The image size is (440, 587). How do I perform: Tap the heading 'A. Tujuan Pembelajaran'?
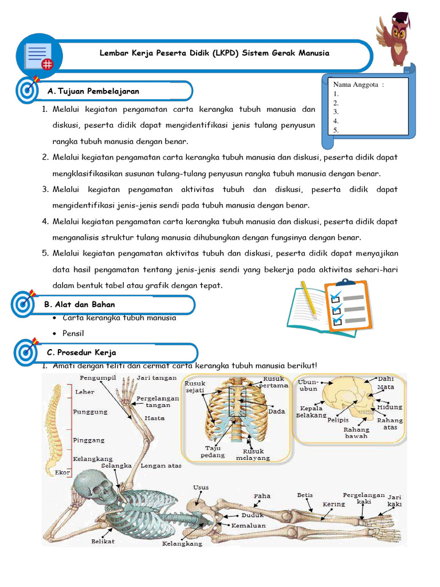coord(94,91)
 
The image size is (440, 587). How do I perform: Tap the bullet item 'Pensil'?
coord(73,333)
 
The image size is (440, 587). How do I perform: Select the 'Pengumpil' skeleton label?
coord(98,378)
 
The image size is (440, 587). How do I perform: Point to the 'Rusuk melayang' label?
coord(253,455)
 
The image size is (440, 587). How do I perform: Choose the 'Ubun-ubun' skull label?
coord(307,385)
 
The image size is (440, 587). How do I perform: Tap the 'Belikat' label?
coord(103,541)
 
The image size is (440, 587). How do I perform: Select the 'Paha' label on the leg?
coord(262,496)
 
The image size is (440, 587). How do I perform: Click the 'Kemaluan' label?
coord(248,525)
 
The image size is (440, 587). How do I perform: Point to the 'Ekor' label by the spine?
coord(63,472)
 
